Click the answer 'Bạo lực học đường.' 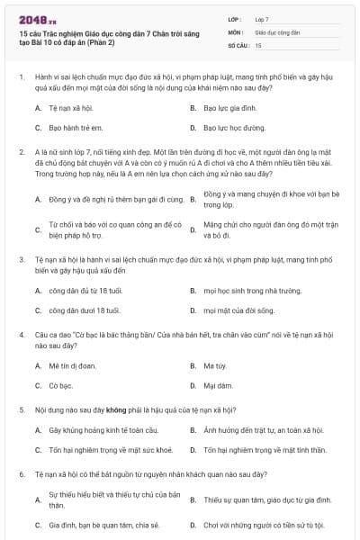[234, 129]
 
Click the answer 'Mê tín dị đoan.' [73, 365]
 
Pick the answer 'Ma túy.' [214, 365]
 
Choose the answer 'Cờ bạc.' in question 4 [60, 386]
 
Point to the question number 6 [21, 472]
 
